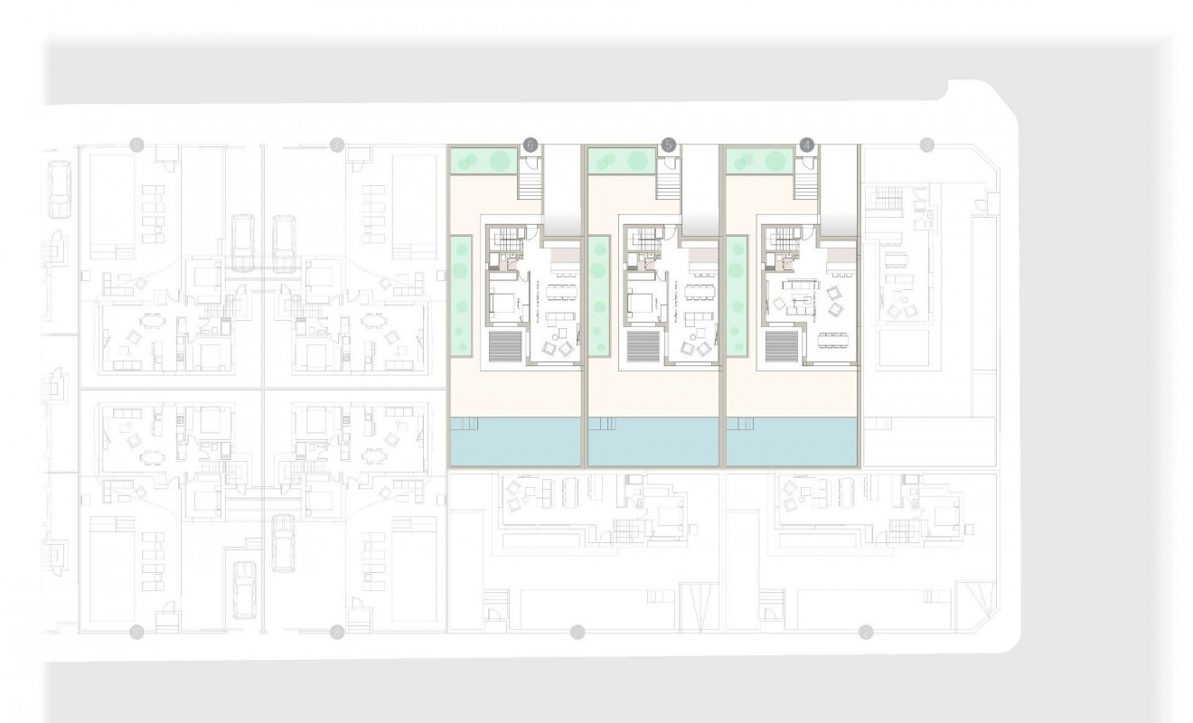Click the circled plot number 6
click(x=531, y=144)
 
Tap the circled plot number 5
click(x=668, y=144)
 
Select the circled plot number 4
click(x=807, y=144)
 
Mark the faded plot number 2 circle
click(x=866, y=631)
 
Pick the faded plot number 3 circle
click(x=925, y=144)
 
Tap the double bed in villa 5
click(x=641, y=303)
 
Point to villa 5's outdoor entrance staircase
click(x=668, y=186)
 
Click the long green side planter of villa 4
click(x=737, y=295)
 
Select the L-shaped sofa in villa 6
click(x=548, y=319)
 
